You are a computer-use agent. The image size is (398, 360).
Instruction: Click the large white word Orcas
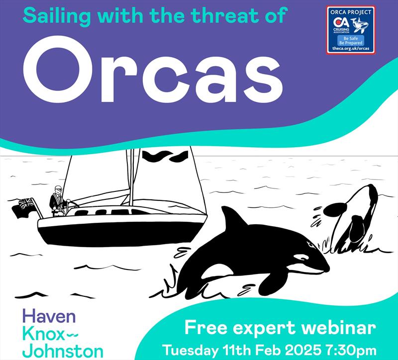click(x=153, y=70)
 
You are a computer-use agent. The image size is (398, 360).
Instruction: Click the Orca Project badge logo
click(x=351, y=30)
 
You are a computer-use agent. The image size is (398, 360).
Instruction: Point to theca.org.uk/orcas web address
click(x=351, y=48)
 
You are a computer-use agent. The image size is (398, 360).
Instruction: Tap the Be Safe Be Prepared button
click(x=351, y=41)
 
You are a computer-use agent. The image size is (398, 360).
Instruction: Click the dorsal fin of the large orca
click(x=233, y=218)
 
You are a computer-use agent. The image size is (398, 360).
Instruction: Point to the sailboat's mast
click(x=131, y=177)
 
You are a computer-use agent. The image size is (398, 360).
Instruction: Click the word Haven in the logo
click(x=49, y=316)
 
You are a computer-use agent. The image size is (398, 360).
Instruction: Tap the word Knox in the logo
click(x=43, y=334)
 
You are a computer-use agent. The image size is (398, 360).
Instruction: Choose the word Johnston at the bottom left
click(x=63, y=351)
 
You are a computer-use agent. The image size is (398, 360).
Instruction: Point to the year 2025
click(x=302, y=351)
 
